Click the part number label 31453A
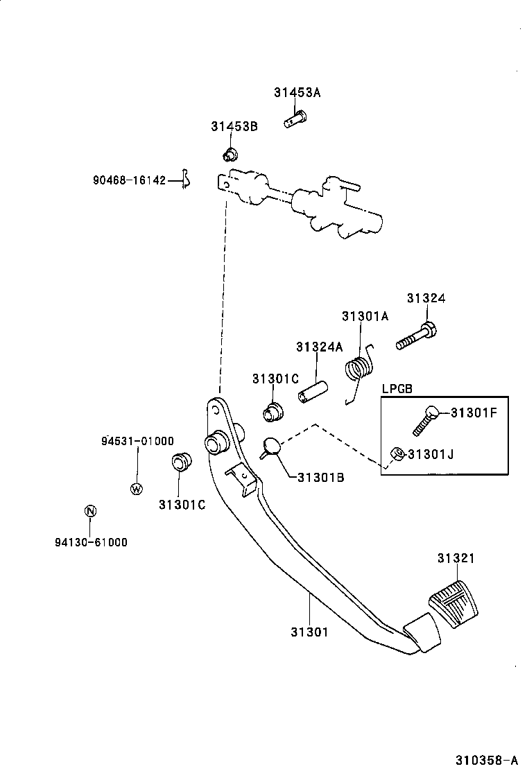click(297, 93)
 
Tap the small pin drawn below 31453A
click(295, 120)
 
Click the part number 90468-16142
click(130, 180)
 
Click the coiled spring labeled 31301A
click(358, 368)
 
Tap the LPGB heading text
click(397, 389)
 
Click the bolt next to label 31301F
click(425, 419)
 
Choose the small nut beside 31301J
click(398, 453)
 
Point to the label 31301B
click(321, 477)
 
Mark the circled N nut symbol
click(89, 512)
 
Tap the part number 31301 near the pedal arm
click(309, 632)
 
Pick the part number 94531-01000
click(137, 441)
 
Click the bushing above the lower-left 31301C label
click(180, 462)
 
